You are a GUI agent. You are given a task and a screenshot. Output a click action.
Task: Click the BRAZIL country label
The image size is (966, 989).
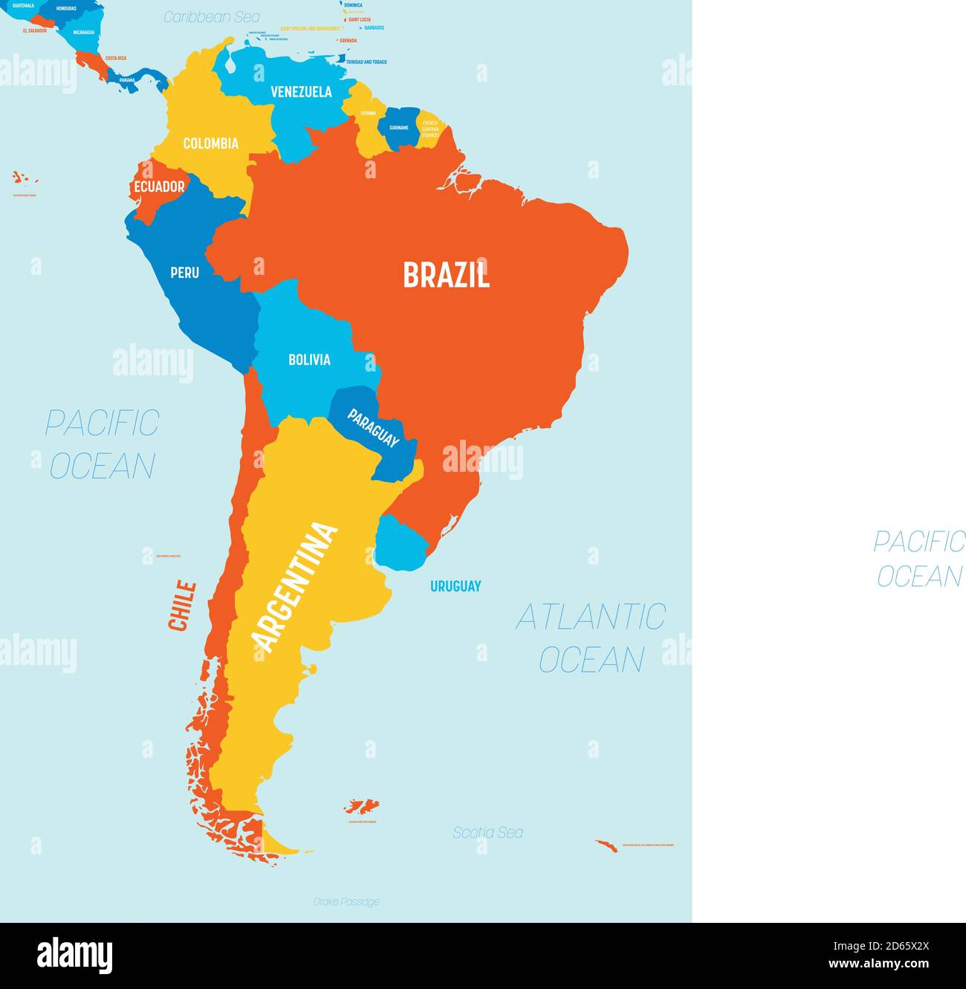(447, 275)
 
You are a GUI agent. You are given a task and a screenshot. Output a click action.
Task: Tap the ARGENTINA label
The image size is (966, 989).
(294, 586)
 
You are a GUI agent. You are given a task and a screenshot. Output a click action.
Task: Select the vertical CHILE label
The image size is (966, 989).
(182, 606)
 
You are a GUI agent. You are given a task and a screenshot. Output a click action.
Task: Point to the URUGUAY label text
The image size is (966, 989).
(456, 586)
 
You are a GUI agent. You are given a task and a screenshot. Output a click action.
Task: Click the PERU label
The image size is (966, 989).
(184, 273)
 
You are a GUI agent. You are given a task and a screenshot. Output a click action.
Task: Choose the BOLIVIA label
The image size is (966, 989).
(309, 360)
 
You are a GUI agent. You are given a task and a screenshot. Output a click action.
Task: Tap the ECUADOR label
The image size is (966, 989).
(159, 187)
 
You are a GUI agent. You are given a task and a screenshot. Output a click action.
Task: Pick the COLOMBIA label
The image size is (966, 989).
(210, 143)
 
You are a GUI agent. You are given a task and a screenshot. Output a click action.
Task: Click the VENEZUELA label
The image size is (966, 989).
(301, 92)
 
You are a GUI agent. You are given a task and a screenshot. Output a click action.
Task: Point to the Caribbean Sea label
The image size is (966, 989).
(212, 16)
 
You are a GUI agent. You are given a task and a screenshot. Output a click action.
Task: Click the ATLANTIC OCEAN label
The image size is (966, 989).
(591, 638)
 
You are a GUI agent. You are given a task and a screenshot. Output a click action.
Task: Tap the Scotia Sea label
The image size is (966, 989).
(487, 833)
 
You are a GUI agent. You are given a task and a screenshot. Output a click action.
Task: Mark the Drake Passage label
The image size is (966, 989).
(346, 902)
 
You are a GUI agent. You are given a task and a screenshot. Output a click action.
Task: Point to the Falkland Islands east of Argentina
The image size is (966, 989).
(362, 806)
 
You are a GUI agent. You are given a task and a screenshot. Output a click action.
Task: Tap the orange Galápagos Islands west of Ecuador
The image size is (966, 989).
(23, 178)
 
